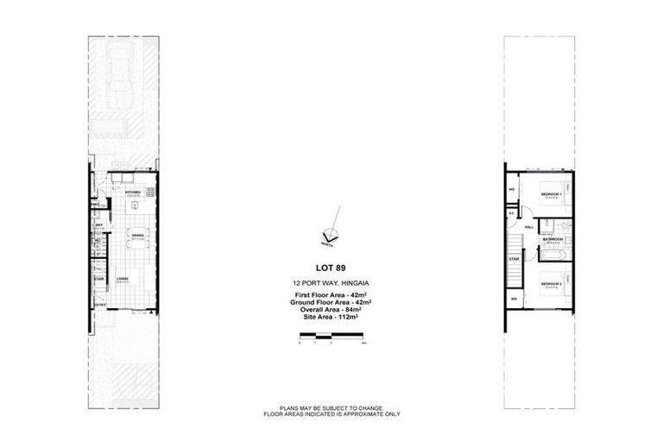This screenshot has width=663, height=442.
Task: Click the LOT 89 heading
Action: tap(331, 268)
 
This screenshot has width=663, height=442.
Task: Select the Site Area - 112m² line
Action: tap(331, 319)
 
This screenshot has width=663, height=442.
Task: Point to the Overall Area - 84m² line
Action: tap(331, 311)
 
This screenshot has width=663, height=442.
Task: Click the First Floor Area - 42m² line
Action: tap(331, 296)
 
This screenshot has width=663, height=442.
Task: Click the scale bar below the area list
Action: tap(331, 342)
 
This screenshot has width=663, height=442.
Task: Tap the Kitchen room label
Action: tap(133, 193)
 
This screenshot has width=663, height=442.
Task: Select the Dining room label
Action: tap(136, 234)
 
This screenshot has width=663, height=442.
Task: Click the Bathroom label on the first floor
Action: tap(552, 239)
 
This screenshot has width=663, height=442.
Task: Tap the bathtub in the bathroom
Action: tap(553, 254)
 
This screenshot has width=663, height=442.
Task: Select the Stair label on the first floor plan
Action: tap(513, 257)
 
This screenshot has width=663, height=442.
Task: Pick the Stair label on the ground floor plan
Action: tap(99, 278)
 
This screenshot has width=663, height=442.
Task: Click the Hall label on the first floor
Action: tap(528, 227)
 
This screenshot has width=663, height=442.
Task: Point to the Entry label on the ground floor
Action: tap(101, 305)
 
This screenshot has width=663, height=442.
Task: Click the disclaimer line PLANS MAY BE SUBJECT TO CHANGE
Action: tap(331, 407)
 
